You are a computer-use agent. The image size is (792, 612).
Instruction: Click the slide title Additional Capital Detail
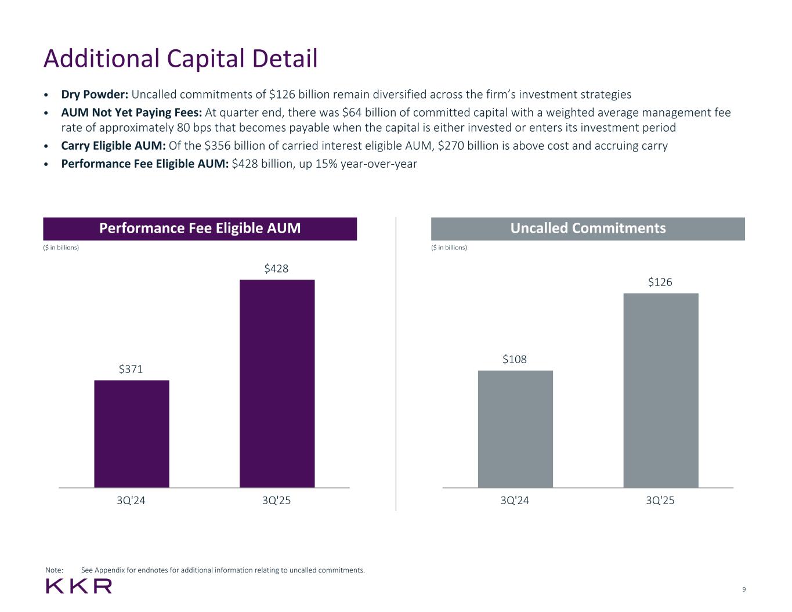tap(180, 59)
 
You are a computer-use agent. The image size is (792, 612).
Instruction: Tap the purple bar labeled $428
tap(277, 383)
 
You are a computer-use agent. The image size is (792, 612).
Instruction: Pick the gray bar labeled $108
tap(515, 429)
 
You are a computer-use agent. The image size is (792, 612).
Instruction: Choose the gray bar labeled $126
tap(660, 390)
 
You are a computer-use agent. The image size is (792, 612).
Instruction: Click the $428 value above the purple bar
tap(276, 269)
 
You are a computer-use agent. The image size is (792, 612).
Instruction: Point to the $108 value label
tap(515, 360)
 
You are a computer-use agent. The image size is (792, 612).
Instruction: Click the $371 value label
tap(131, 369)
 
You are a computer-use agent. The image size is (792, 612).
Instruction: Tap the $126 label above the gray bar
tap(660, 283)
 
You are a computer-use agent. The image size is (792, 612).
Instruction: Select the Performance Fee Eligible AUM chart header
tap(200, 229)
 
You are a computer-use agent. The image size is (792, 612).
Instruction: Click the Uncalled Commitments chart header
tap(588, 229)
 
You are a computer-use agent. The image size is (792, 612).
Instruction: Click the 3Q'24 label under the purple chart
tap(131, 501)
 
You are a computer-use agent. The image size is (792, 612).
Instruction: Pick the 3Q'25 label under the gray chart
tap(660, 501)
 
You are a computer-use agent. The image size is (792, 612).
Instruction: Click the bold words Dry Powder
tap(95, 95)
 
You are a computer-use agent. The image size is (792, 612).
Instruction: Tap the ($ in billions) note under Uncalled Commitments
tap(449, 248)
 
